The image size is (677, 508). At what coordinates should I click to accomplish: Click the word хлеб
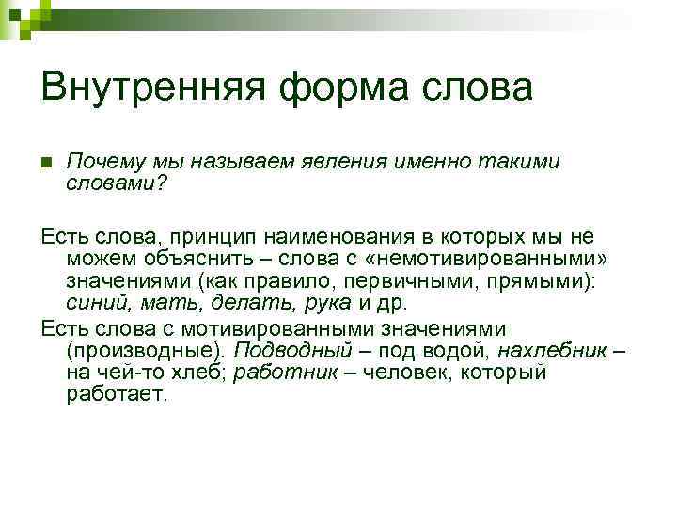[190, 372]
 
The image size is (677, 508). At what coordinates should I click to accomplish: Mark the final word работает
[116, 395]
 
